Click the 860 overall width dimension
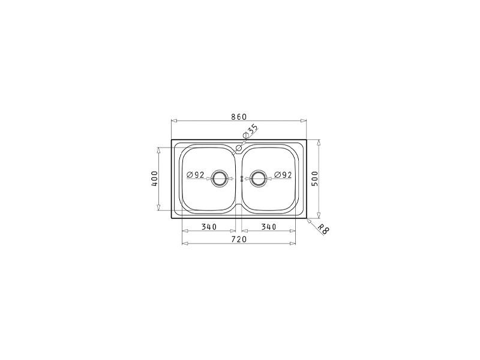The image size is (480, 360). point(238,116)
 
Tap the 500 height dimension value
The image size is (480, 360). point(315,178)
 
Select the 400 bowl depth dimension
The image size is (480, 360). point(154,179)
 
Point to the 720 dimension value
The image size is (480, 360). point(238,239)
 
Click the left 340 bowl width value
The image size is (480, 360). point(209,227)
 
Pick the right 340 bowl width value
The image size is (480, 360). point(268,227)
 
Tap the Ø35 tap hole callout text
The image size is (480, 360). point(250,131)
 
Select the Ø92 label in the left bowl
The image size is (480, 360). point(196,175)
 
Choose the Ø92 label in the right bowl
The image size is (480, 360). point(283,175)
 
